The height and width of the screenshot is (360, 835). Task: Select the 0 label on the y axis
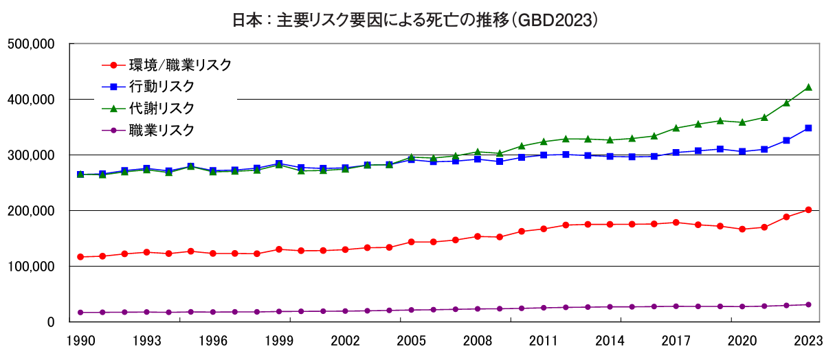(x=51, y=322)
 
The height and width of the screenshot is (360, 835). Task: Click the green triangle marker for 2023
(x=808, y=87)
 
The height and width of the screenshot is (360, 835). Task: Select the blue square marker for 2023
(x=808, y=128)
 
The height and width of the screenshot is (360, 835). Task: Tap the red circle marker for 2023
(x=808, y=210)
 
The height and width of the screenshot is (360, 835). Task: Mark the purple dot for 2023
(x=808, y=304)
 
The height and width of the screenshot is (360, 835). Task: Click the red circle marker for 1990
(x=80, y=257)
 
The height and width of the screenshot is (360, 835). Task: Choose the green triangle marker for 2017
(x=676, y=128)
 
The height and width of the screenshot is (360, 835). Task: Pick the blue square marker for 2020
(x=742, y=151)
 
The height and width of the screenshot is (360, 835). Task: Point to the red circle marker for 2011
(x=544, y=229)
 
